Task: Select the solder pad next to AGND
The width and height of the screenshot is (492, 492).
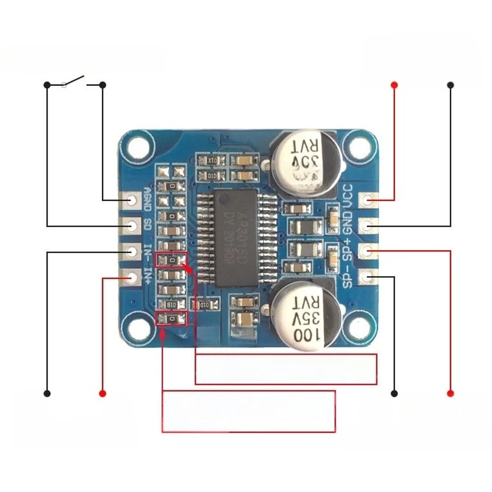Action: [131, 200]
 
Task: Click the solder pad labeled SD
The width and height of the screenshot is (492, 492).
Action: [131, 226]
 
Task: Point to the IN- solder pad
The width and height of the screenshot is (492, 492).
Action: [131, 252]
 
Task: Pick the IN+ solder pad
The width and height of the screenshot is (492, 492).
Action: [131, 278]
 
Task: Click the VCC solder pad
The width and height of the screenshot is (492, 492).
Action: [367, 200]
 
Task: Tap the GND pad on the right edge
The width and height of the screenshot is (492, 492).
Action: [367, 226]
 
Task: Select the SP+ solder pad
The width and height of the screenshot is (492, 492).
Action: [367, 252]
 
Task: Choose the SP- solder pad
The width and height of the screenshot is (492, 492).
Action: [367, 278]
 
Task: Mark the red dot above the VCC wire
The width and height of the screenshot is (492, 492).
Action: [394, 85]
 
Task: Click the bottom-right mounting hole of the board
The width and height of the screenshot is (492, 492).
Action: [358, 328]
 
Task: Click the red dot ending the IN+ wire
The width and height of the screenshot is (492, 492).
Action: [103, 394]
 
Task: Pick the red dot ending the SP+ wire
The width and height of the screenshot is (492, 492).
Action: [450, 394]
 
